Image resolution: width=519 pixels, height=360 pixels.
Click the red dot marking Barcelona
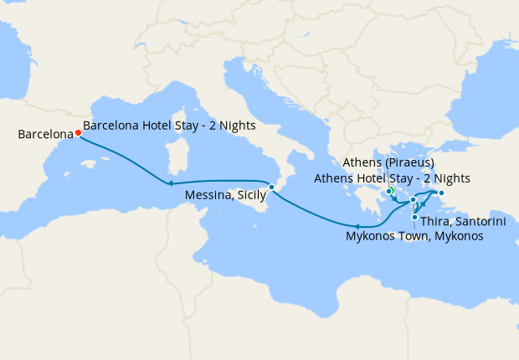(78, 132)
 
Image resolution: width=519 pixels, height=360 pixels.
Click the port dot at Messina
(271, 186)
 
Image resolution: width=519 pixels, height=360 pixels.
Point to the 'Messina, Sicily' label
(225, 195)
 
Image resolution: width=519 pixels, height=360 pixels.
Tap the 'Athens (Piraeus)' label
(388, 162)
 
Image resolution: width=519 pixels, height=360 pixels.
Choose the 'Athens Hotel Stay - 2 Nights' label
(391, 178)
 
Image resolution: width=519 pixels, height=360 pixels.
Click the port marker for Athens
(389, 192)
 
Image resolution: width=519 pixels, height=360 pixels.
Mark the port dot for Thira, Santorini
(415, 218)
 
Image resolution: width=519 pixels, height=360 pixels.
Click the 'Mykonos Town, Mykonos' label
(414, 237)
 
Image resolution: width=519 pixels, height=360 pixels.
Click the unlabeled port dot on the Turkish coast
(442, 194)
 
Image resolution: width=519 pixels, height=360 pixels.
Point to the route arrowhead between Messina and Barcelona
(168, 183)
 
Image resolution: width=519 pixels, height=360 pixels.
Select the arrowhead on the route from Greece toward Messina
(357, 226)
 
